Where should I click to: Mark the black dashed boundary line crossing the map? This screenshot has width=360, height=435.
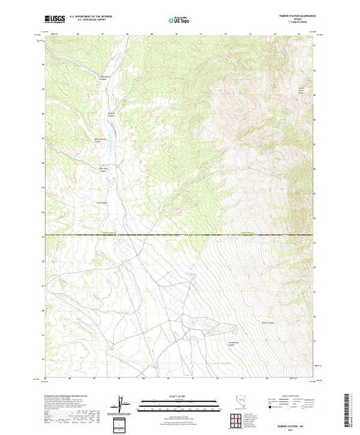[180, 236]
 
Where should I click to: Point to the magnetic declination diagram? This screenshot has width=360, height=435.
[122, 402]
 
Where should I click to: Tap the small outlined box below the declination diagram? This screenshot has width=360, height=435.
[123, 423]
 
